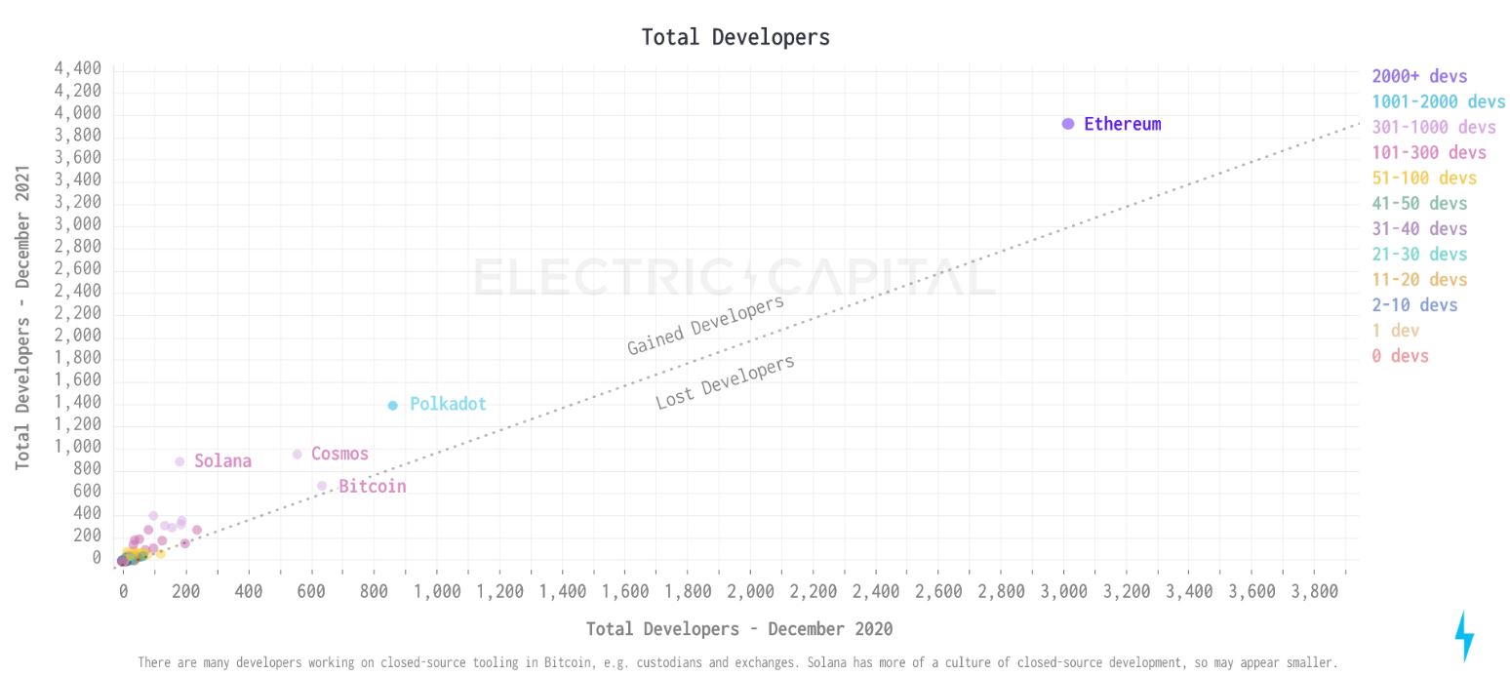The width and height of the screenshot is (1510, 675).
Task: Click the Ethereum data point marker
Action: (1068, 124)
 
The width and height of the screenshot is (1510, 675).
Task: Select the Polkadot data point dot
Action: (393, 406)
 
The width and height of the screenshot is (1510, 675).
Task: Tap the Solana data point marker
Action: (179, 462)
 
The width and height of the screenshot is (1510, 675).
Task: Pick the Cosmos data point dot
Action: (298, 455)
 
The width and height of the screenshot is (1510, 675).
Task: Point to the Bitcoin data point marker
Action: (322, 486)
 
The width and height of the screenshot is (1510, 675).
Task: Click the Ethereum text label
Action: (1122, 124)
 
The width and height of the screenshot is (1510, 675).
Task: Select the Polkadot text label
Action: (448, 404)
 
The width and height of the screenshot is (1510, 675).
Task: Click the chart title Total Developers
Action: (735, 37)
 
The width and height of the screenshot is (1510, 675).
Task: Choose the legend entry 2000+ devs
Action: (1419, 76)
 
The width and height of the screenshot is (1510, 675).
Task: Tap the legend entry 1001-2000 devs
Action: (1438, 101)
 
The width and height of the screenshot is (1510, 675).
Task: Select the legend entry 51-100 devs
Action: (1424, 178)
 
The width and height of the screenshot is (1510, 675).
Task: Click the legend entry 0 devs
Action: (1400, 356)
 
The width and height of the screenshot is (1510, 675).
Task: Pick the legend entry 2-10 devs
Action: (1414, 305)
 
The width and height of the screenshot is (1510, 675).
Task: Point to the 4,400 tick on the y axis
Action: (78, 69)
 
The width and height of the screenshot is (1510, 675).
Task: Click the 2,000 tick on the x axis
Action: (750, 591)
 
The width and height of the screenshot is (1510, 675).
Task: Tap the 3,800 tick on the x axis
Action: (1314, 591)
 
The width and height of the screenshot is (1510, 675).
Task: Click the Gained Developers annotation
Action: (705, 325)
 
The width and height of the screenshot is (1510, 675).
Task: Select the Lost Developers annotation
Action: (725, 382)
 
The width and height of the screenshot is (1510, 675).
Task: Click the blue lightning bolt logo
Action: (1464, 635)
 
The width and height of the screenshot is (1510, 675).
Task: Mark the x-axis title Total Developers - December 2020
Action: (739, 629)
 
